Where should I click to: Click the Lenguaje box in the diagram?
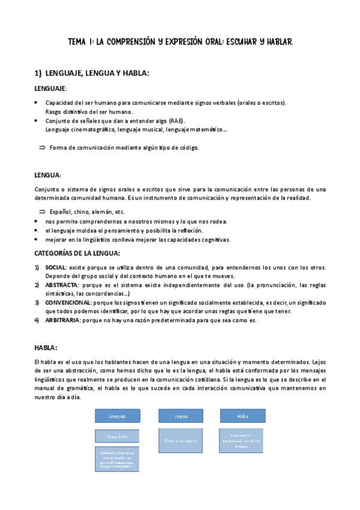(x=117, y=416)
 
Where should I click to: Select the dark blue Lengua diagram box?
(x=181, y=416)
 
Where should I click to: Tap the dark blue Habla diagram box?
(x=243, y=416)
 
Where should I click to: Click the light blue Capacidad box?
(x=117, y=437)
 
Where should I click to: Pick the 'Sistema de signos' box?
(x=181, y=440)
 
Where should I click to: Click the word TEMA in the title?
(x=77, y=42)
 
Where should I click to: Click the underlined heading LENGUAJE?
(x=50, y=88)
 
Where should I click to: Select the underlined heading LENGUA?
(x=47, y=175)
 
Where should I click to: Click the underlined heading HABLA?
(x=46, y=348)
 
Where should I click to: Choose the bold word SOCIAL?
(x=56, y=267)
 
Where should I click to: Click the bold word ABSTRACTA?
(x=61, y=284)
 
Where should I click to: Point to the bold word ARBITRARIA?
(x=63, y=320)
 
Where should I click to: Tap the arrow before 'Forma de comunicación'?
(x=42, y=147)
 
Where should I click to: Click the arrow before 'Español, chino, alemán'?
(x=42, y=212)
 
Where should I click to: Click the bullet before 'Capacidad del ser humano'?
(x=37, y=102)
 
